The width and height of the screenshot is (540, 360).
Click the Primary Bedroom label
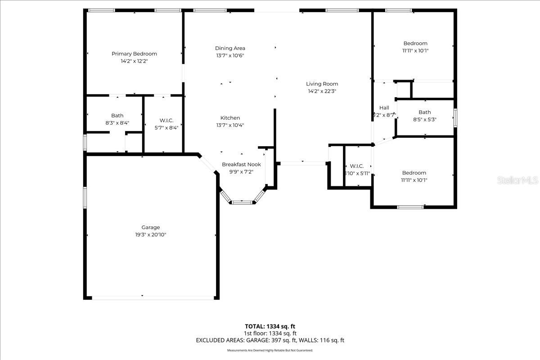pyautogui.click(x=134, y=54)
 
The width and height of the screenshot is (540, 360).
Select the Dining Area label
pyautogui.click(x=230, y=48)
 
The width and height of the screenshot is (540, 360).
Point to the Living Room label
pyautogui.click(x=322, y=84)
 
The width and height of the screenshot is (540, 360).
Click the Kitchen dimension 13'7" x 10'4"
pyautogui.click(x=230, y=125)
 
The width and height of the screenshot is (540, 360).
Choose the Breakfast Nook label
pyautogui.click(x=241, y=164)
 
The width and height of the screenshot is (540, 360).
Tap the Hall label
pyautogui.click(x=384, y=108)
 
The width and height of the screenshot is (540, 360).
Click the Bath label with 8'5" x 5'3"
pyautogui.click(x=424, y=112)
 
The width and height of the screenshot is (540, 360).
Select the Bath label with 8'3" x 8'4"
pyautogui.click(x=117, y=116)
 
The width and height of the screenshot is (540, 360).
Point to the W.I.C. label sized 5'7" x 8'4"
pyautogui.click(x=166, y=120)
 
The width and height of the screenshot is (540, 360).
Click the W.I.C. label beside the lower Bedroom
pyautogui.click(x=356, y=166)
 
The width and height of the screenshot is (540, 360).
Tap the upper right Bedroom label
pyautogui.click(x=415, y=44)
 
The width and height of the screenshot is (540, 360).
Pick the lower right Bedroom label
pyautogui.click(x=414, y=173)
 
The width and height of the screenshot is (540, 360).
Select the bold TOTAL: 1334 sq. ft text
pyautogui.click(x=270, y=326)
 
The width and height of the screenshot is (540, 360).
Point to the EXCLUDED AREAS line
pyautogui.click(x=270, y=341)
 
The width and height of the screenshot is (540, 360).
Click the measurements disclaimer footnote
pyautogui.click(x=270, y=350)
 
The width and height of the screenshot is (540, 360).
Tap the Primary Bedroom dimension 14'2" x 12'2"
pyautogui.click(x=134, y=61)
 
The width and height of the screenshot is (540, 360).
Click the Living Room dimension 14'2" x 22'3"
pyautogui.click(x=322, y=91)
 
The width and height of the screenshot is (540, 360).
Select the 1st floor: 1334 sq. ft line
pyautogui.click(x=270, y=333)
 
